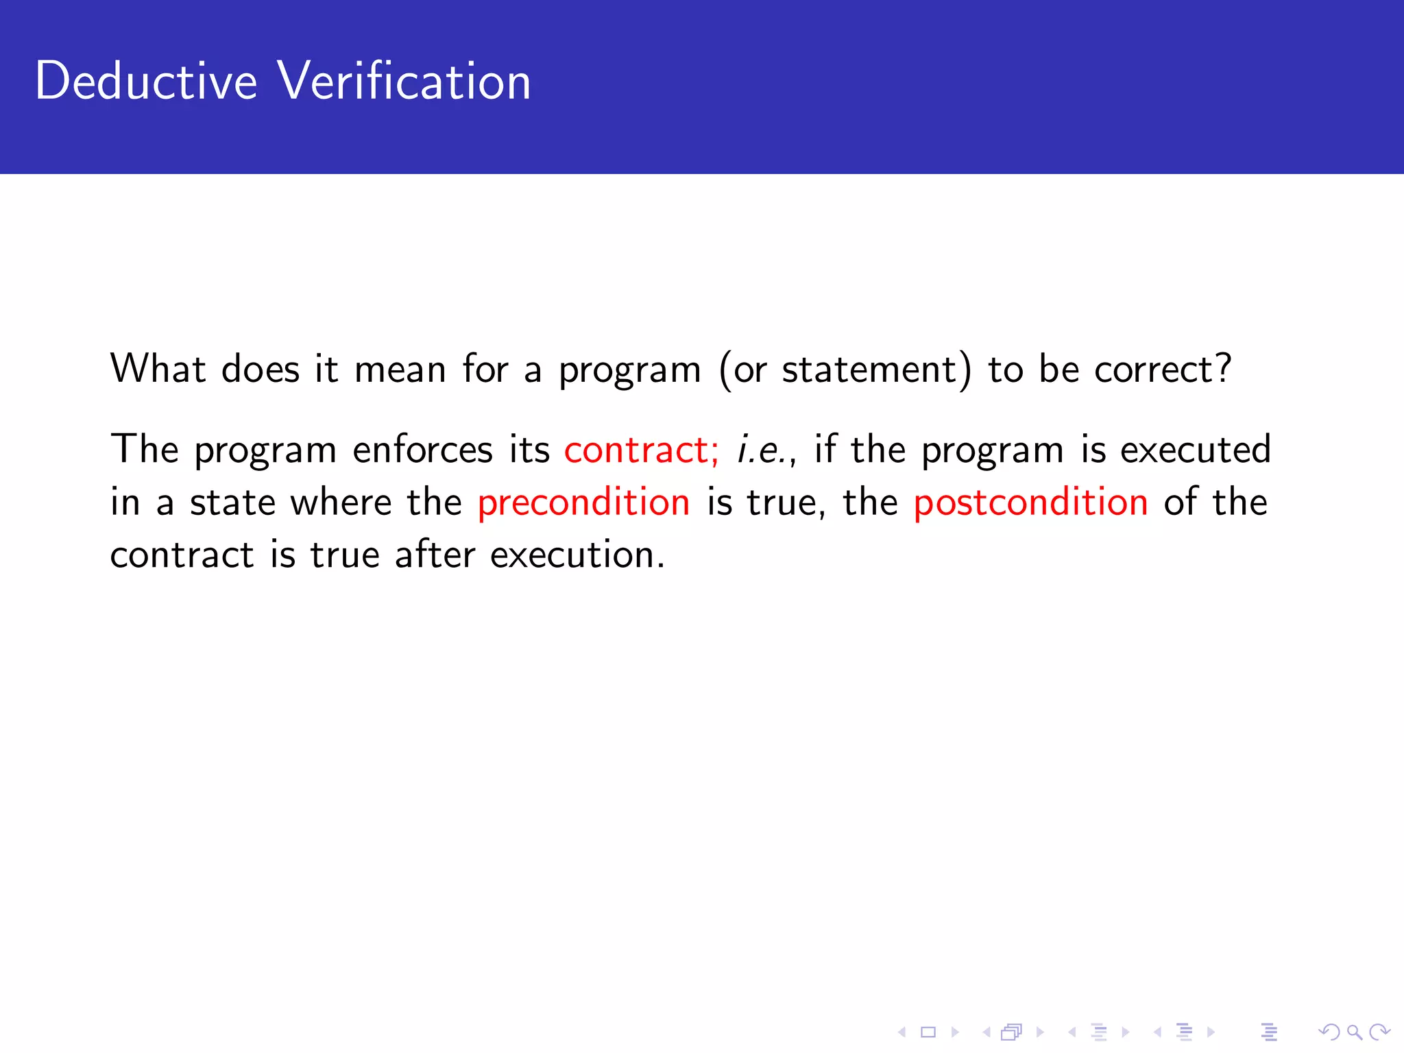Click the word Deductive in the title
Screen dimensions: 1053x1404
pyautogui.click(x=146, y=81)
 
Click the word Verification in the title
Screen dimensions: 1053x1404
pyautogui.click(x=404, y=81)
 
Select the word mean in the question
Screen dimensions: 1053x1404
pyautogui.click(x=400, y=370)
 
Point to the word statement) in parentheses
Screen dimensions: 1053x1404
pyautogui.click(x=876, y=370)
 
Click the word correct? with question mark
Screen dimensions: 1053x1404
pyautogui.click(x=1163, y=370)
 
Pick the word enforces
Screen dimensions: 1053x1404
pyautogui.click(x=422, y=450)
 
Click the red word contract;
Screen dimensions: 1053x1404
pyautogui.click(x=641, y=450)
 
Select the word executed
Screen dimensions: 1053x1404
pyautogui.click(x=1196, y=450)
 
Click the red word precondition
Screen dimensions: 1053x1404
pyautogui.click(x=583, y=502)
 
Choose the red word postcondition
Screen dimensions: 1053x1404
pyautogui.click(x=1030, y=502)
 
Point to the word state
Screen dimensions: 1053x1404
pyautogui.click(x=232, y=502)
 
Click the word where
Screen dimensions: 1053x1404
pyautogui.click(x=340, y=502)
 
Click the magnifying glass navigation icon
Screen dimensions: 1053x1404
pyautogui.click(x=1354, y=1032)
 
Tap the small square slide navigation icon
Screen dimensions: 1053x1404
pyautogui.click(x=928, y=1032)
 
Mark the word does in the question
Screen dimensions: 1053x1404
pyautogui.click(x=261, y=370)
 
